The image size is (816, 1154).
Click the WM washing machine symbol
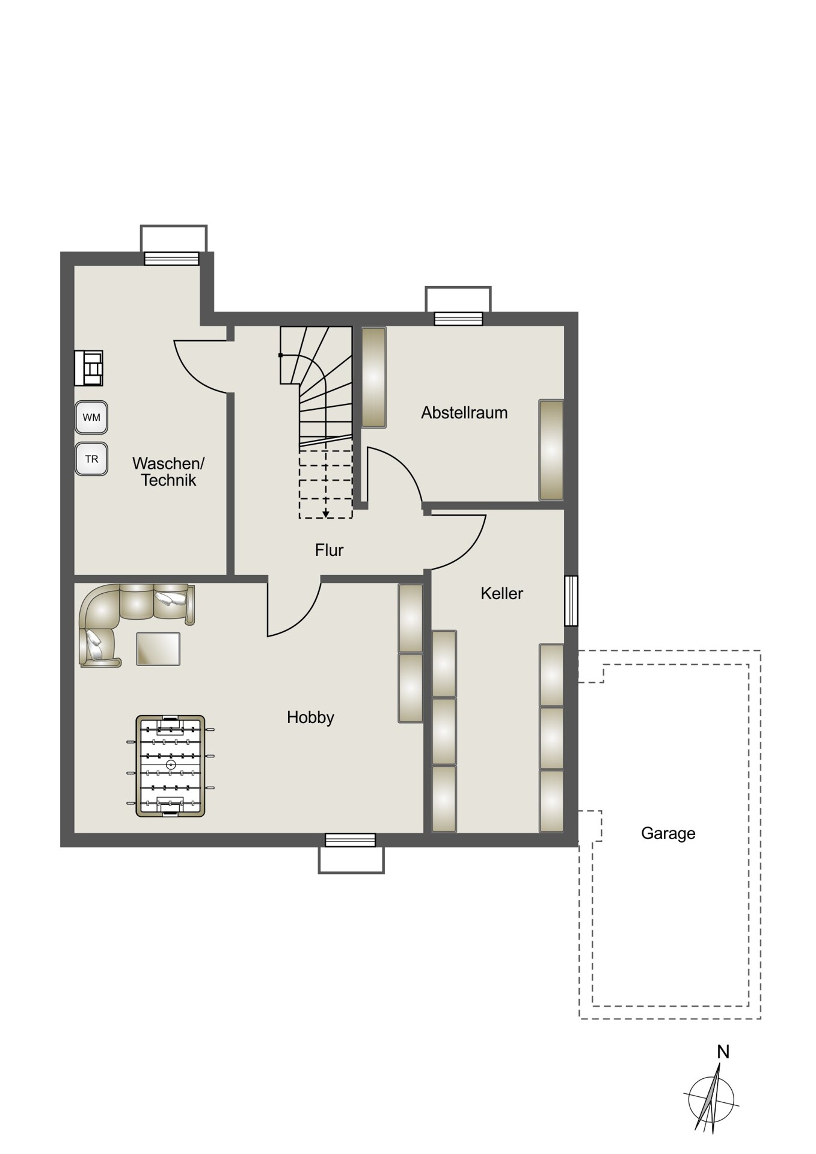pyautogui.click(x=91, y=417)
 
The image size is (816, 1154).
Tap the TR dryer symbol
pyautogui.click(x=91, y=459)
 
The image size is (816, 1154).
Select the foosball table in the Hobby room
pyautogui.click(x=170, y=766)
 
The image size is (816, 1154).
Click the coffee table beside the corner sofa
pyautogui.click(x=158, y=649)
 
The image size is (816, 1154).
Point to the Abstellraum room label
pyautogui.click(x=464, y=413)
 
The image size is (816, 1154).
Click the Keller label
pyautogui.click(x=502, y=594)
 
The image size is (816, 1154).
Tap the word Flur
pyautogui.click(x=330, y=550)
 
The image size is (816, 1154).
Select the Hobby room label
pyautogui.click(x=310, y=717)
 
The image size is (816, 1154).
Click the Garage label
pyautogui.click(x=668, y=834)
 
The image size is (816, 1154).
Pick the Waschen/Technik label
pyautogui.click(x=168, y=472)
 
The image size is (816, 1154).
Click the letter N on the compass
pyautogui.click(x=723, y=1052)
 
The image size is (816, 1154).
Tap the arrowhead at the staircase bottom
pyautogui.click(x=326, y=514)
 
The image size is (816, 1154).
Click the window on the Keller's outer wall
pyautogui.click(x=571, y=601)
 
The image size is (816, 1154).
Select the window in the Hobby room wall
pyautogui.click(x=351, y=840)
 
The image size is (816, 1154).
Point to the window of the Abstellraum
pyautogui.click(x=458, y=319)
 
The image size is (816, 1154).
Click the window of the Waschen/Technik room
pyautogui.click(x=172, y=258)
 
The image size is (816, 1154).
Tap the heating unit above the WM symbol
pyautogui.click(x=88, y=368)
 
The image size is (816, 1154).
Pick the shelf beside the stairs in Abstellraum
pyautogui.click(x=373, y=377)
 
